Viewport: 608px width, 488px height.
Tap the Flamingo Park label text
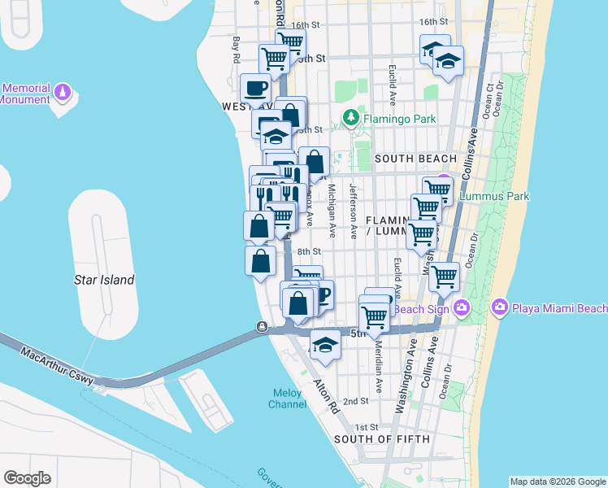[x=398, y=119]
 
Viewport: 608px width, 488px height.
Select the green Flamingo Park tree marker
[x=351, y=119]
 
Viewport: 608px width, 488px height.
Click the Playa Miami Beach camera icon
[x=500, y=307]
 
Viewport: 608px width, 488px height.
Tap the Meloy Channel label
[x=288, y=398]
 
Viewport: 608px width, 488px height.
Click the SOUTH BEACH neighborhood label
[x=416, y=158]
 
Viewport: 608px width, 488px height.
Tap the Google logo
[x=27, y=478]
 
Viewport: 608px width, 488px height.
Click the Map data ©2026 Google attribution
[x=558, y=481]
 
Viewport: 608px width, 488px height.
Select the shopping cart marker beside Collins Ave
[x=444, y=277]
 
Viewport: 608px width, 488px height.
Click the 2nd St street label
[x=355, y=401]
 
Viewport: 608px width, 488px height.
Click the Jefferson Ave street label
[x=353, y=210]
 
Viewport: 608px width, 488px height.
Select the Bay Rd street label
[x=237, y=49]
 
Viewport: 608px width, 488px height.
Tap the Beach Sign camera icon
[x=463, y=307]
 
